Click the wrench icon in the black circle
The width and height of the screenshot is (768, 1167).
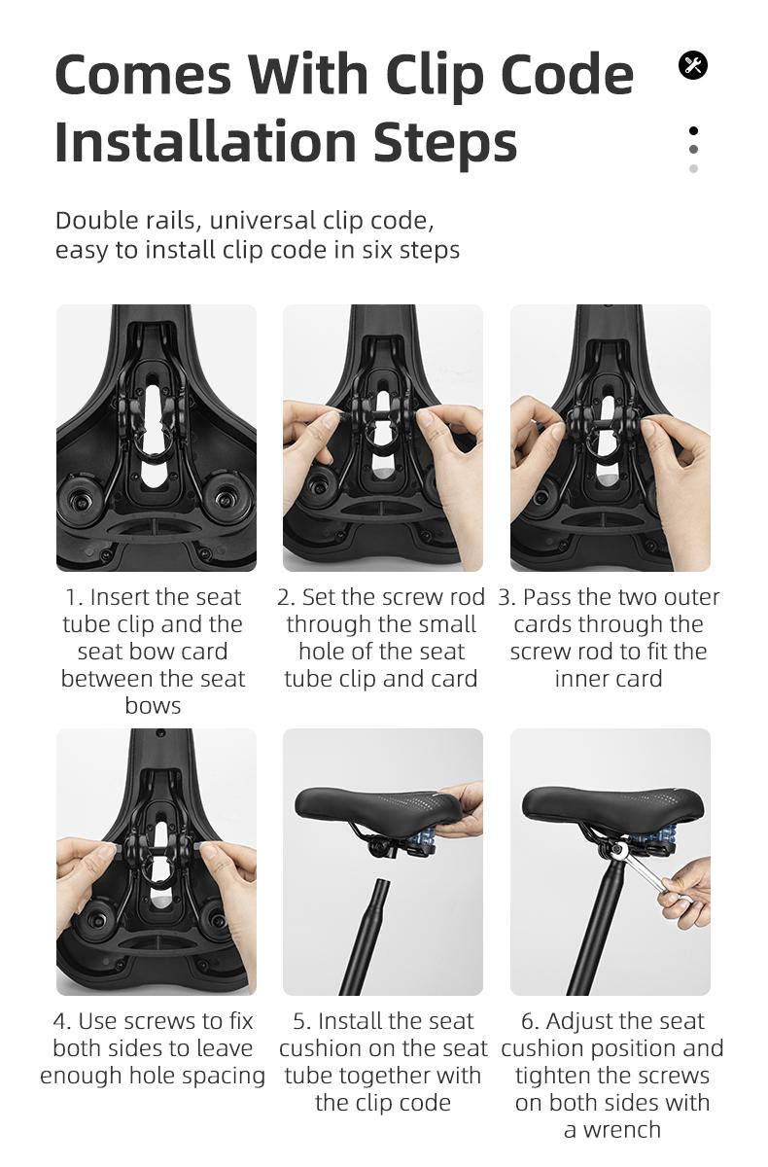692,65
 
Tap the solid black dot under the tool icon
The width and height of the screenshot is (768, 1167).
693,130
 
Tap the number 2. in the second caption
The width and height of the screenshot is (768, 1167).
286,597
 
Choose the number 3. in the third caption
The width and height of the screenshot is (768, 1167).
506,597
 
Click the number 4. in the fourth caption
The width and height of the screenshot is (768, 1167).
61,1021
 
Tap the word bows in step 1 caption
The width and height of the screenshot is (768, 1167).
154,706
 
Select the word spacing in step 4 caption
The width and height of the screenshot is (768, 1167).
220,1076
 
